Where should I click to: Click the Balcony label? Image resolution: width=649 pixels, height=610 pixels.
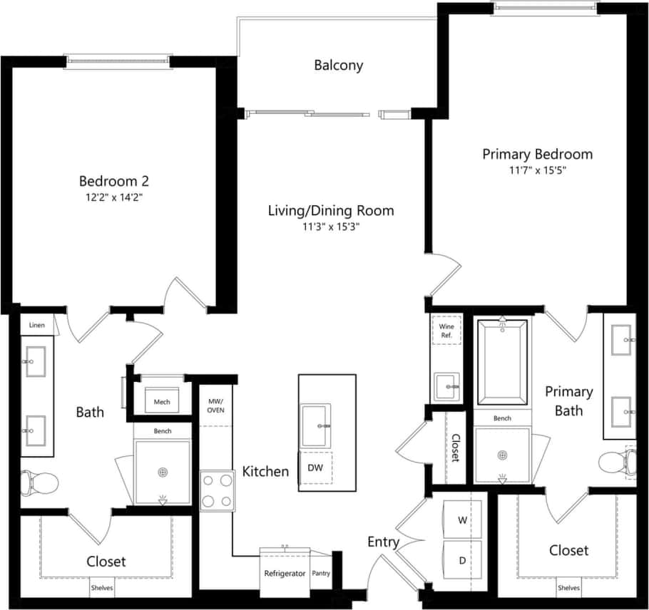click(x=338, y=66)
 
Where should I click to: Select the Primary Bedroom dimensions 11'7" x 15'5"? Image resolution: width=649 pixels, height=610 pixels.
click(x=537, y=170)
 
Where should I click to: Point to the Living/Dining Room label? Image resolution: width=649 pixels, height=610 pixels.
click(x=330, y=211)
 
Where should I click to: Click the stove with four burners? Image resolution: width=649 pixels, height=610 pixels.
click(x=218, y=491)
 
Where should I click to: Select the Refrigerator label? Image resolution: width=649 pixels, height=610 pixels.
click(x=285, y=573)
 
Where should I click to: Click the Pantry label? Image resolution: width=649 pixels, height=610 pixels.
click(x=321, y=573)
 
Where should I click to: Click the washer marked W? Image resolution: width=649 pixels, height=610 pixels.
click(x=462, y=520)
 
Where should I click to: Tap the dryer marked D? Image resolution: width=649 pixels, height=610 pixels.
click(x=462, y=561)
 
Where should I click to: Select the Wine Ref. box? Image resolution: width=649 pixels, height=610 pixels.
click(x=446, y=330)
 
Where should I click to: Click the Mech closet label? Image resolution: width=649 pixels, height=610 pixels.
click(x=162, y=401)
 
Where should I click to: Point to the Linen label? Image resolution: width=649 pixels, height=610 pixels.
click(x=37, y=325)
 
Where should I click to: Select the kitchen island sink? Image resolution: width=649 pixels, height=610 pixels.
click(x=315, y=426)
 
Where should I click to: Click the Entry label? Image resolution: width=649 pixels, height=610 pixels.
click(x=383, y=542)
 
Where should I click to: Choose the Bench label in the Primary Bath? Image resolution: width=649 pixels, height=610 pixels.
click(x=502, y=418)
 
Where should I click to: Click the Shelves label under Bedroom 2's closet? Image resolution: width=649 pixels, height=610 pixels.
click(x=101, y=589)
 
